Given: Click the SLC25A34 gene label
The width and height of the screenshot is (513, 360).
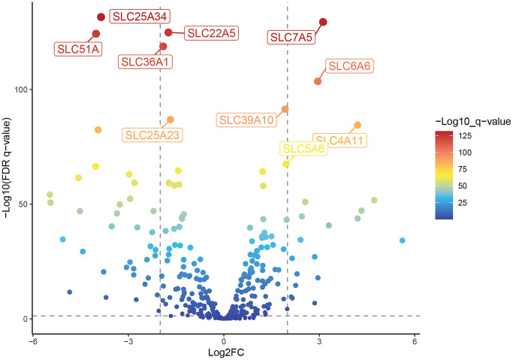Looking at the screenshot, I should point(139,15).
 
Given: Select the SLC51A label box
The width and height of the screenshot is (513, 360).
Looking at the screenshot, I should point(79,50).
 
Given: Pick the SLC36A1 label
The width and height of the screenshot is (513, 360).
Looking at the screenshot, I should point(146,62).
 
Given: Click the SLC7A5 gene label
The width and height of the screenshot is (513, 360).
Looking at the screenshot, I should point(291,37).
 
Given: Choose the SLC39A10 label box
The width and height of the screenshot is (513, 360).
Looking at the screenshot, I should point(246,119).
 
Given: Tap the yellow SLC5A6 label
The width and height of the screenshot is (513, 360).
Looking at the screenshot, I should point(303,150).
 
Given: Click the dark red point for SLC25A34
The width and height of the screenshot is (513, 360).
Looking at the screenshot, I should point(101,17).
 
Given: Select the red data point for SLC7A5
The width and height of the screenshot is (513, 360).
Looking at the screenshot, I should point(323,23).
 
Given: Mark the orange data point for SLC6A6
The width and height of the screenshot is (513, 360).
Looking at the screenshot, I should point(318,81).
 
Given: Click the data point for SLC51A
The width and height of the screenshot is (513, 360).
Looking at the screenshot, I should point(96,34).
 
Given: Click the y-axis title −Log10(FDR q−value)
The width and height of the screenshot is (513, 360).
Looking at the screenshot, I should point(8,168).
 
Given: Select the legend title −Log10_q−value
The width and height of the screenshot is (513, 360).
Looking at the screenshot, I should point(474,120).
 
